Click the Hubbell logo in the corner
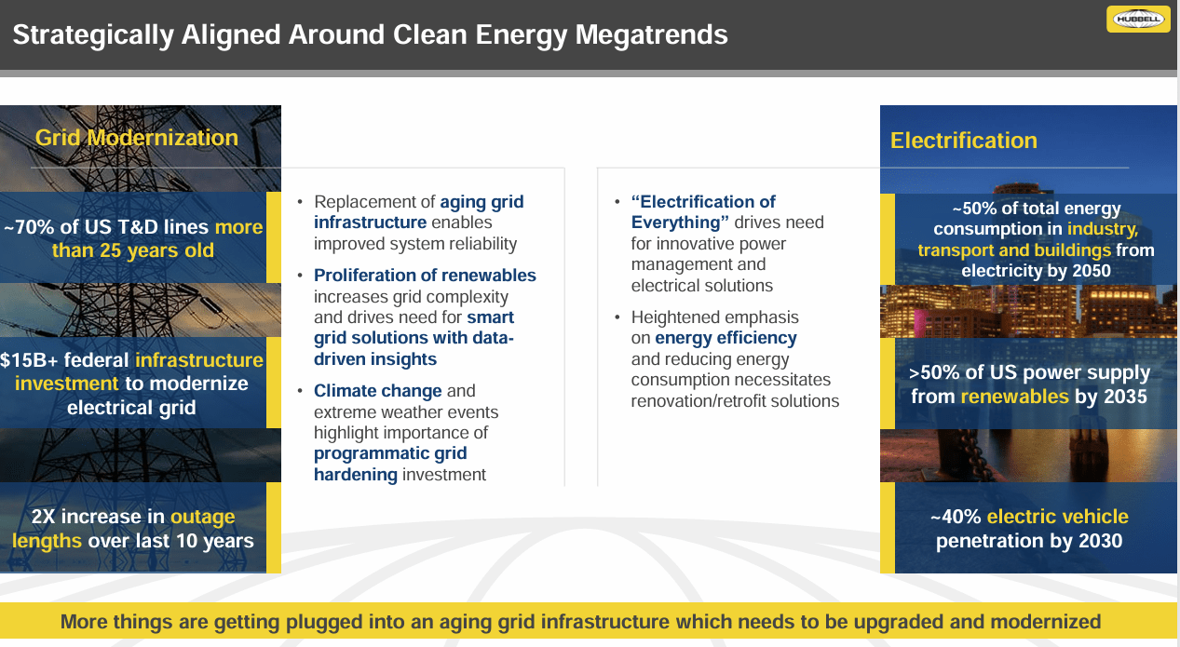(1137, 19)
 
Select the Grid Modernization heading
(137, 138)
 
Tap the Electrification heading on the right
(963, 141)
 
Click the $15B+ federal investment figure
(33, 360)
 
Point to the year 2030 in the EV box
(1096, 541)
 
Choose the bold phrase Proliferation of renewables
(425, 276)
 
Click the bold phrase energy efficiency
(726, 338)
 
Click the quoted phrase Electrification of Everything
(703, 212)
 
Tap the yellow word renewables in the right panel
(1014, 397)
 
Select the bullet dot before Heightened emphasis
(618, 317)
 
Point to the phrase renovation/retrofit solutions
(735, 401)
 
